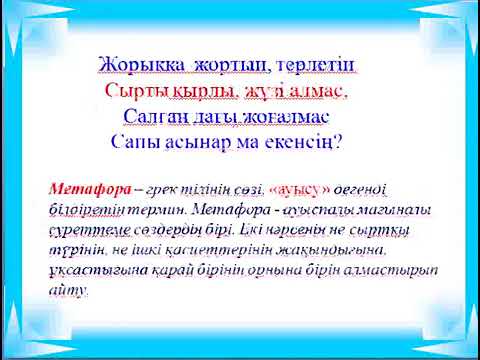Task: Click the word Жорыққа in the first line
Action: (x=143, y=65)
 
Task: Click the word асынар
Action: (x=201, y=141)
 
